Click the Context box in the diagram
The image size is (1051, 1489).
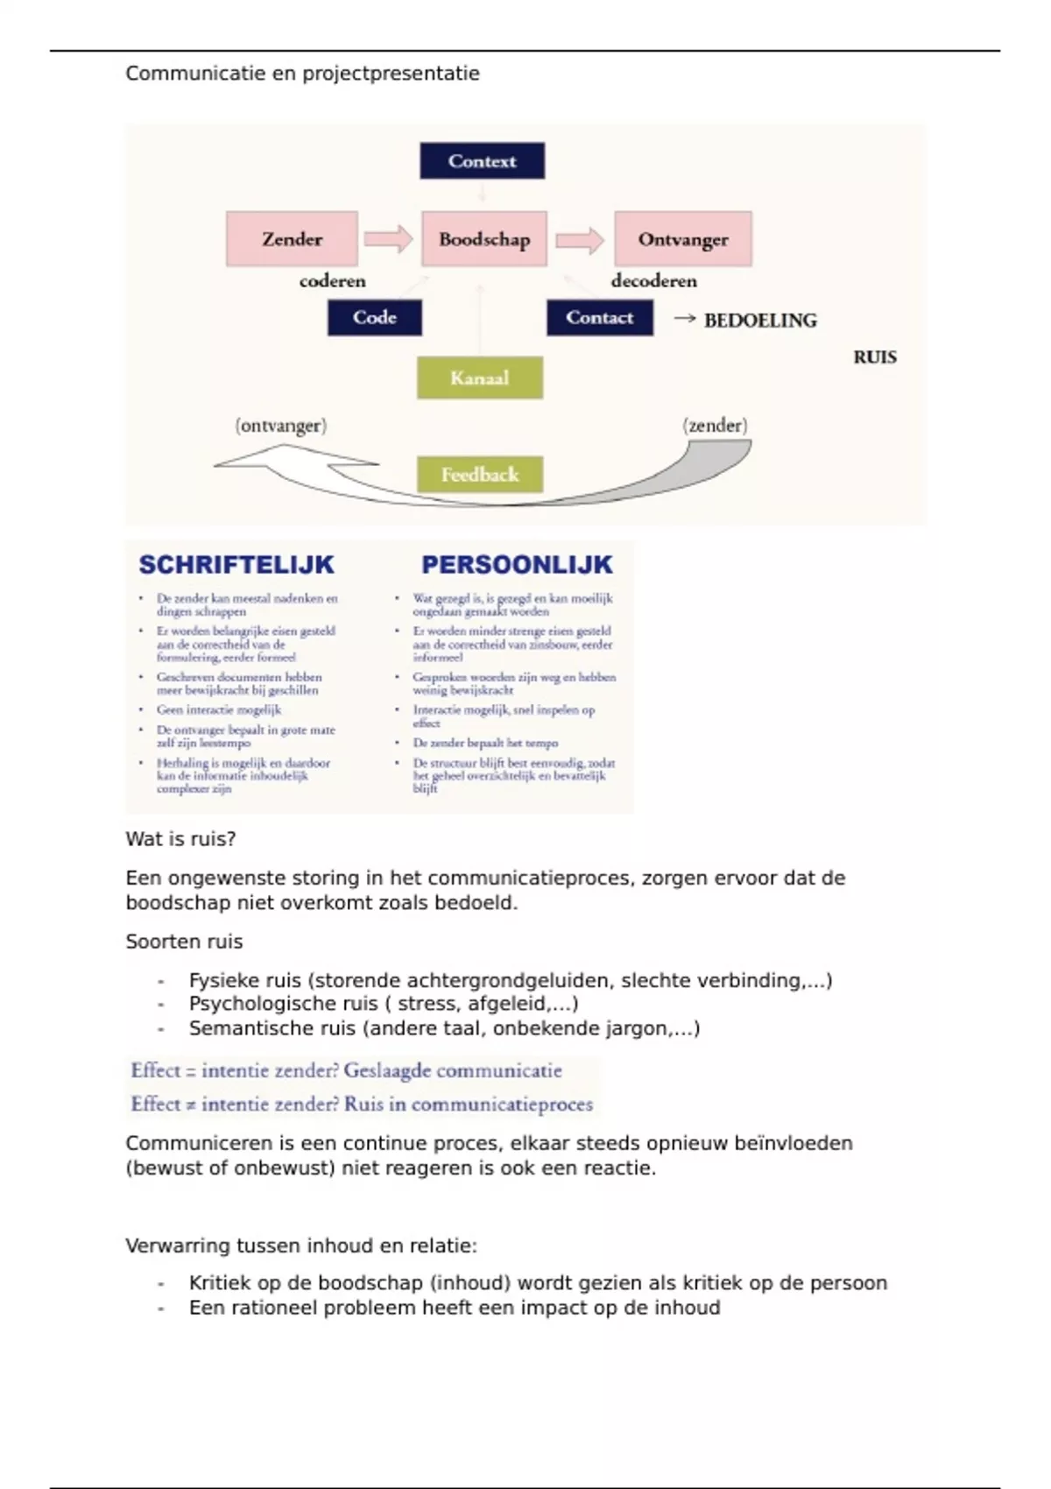[x=482, y=161]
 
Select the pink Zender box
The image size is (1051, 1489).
[x=292, y=239]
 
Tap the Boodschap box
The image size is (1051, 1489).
[x=484, y=239]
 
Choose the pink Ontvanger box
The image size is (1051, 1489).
[x=683, y=239]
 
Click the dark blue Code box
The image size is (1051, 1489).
[x=375, y=318]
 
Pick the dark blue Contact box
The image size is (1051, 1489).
[x=600, y=318]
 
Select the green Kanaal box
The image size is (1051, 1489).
[x=480, y=378]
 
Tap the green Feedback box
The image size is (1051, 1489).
[x=480, y=475]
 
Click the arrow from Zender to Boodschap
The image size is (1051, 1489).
[x=388, y=239]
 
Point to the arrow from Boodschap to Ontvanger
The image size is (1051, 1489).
[x=580, y=239]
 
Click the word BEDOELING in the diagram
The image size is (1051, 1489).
[x=760, y=321]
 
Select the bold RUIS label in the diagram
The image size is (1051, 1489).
[x=875, y=357]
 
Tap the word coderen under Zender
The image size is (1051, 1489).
[x=333, y=281]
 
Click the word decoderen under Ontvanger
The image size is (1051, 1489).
[x=654, y=281]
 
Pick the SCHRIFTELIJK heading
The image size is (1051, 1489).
[x=236, y=565]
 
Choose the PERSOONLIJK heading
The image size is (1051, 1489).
[x=517, y=565]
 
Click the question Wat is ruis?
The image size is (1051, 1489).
[x=180, y=839]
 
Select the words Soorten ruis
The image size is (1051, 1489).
[x=184, y=942]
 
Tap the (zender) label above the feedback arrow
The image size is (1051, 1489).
[x=715, y=426]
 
